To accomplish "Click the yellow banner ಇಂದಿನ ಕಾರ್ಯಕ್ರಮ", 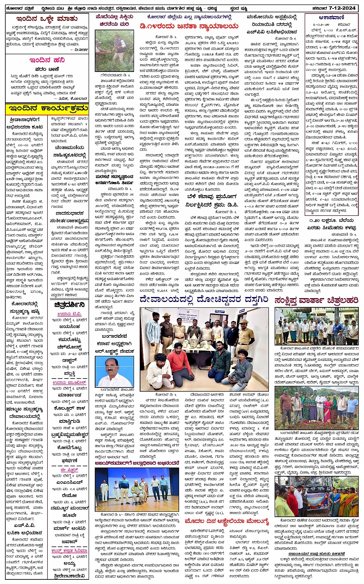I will pos(47,109).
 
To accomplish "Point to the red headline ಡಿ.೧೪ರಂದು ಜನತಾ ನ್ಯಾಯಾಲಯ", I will pos(189,26).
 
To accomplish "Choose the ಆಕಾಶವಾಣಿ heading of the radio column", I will pos(331,17).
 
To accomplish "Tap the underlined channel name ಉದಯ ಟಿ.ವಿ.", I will pos(69,314).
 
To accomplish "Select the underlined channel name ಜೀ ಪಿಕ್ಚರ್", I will pos(69,470).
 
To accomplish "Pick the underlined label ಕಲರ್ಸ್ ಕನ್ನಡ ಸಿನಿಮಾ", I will pos(69,551).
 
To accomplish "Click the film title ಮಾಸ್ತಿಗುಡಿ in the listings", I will pos(69,422).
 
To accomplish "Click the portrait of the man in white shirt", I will pos(114,372).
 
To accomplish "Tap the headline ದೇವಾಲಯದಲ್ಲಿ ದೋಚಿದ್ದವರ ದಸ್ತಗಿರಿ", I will pos(204,299).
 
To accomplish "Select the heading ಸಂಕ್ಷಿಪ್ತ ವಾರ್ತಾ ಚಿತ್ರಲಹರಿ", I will pos(316,300).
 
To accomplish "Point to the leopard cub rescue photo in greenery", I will pos(114,51).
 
